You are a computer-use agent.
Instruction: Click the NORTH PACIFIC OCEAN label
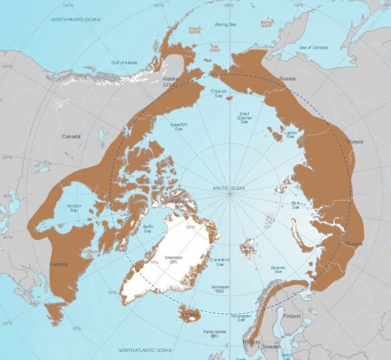pyautogui.click(x=75, y=19)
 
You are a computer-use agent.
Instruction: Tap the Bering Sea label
pyautogui.click(x=224, y=24)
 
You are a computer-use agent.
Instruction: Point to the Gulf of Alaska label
pyautogui.click(x=124, y=63)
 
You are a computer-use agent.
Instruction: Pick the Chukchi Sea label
pyautogui.click(x=218, y=93)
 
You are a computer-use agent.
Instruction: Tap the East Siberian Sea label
pyautogui.click(x=244, y=118)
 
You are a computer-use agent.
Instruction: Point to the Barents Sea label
pyautogui.click(x=278, y=270)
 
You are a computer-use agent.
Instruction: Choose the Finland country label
pyautogui.click(x=292, y=316)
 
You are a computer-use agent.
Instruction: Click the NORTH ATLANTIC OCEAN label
pyautogui.click(x=145, y=350)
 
